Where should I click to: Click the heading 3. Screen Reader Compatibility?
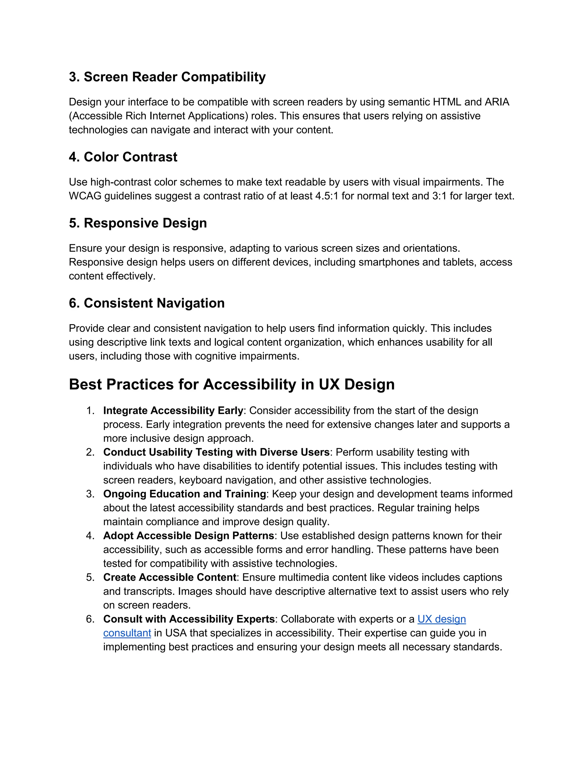[x=167, y=77]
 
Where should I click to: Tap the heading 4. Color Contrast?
[x=123, y=157]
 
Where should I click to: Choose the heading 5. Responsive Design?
[x=138, y=223]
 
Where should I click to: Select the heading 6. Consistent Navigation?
[x=147, y=303]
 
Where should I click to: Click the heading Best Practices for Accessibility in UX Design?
[x=231, y=384]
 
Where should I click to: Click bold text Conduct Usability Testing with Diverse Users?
[x=216, y=452]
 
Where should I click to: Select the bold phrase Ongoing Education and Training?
[x=184, y=494]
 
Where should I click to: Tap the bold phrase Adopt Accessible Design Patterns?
[x=189, y=536]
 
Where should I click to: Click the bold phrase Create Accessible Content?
[x=169, y=577]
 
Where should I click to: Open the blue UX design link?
[x=442, y=619]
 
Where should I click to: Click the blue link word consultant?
[x=127, y=633]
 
